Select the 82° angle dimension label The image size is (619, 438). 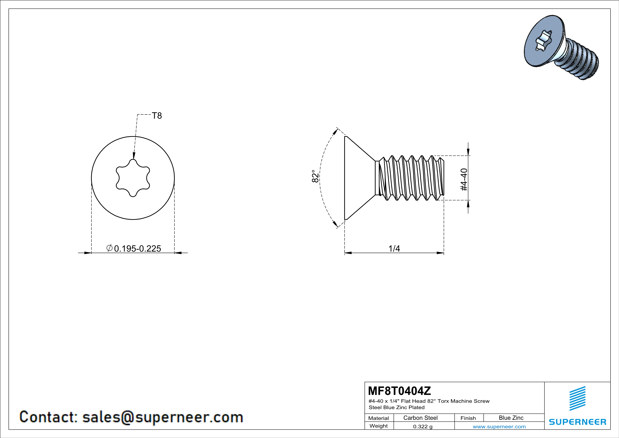click(315, 176)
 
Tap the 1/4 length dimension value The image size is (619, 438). click(394, 248)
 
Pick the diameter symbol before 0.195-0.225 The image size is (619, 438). click(109, 248)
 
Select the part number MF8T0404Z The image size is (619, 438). click(399, 390)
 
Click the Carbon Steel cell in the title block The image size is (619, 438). click(420, 418)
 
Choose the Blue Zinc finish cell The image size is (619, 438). click(511, 418)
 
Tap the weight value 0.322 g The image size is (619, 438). click(423, 426)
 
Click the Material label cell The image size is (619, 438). click(379, 418)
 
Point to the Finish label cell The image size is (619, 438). click(468, 418)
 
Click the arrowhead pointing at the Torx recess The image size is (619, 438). click(134, 156)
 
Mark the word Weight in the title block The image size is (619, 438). click(379, 426)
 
